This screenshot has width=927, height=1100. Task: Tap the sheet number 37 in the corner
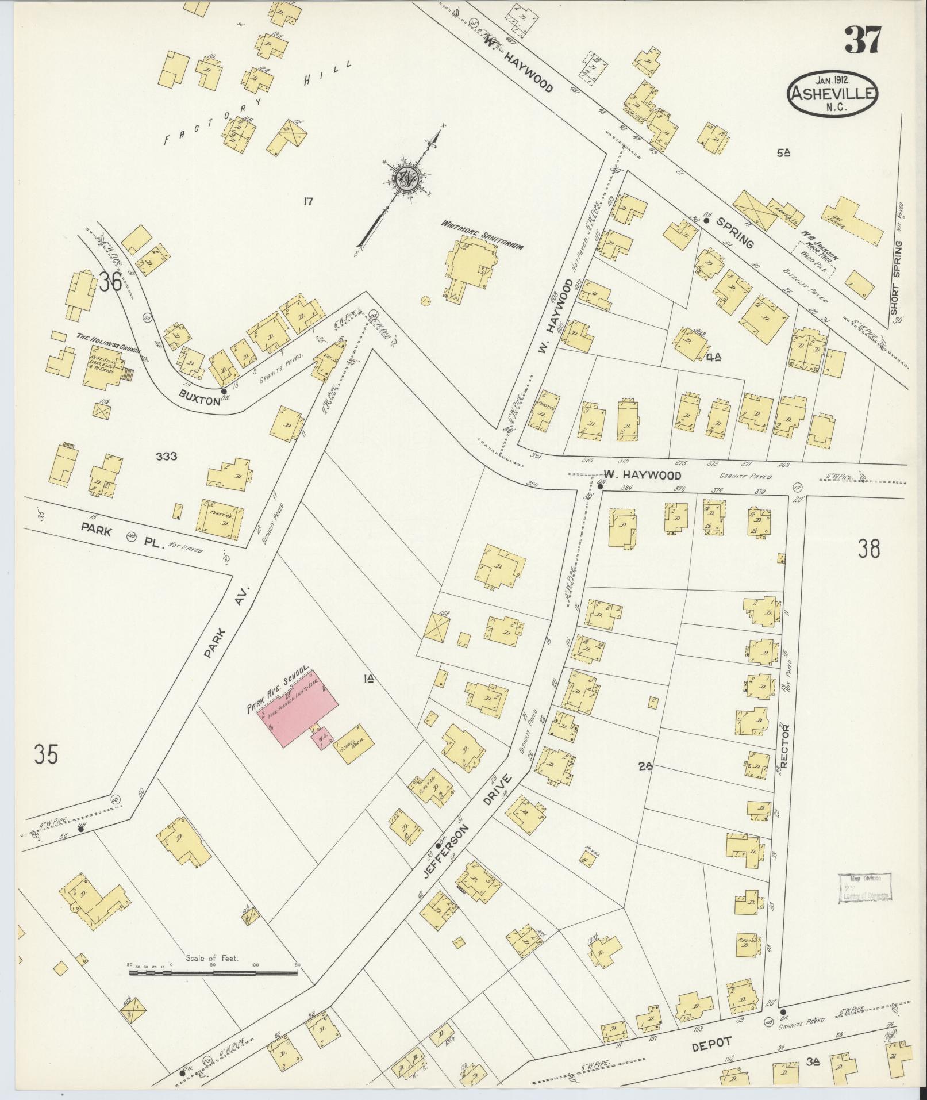[862, 40]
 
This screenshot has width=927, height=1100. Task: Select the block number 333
[166, 457]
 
